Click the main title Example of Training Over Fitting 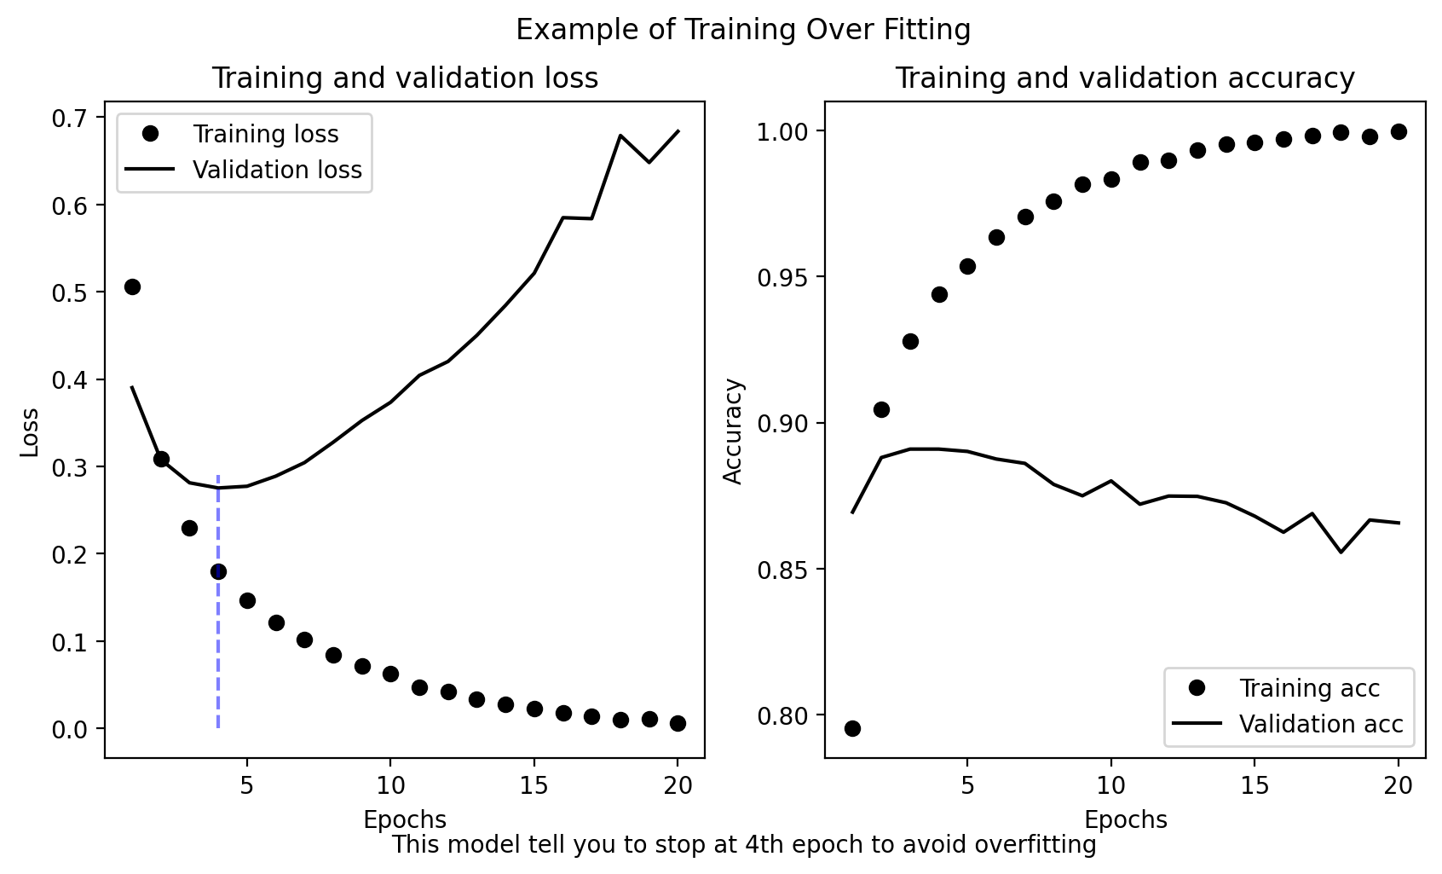pos(743,30)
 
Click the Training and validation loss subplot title pos(405,78)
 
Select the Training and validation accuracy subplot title pos(1124,78)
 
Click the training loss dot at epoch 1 pos(132,287)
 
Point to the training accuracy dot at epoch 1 pos(852,728)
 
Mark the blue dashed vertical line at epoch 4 pos(218,648)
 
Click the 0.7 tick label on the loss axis pos(73,118)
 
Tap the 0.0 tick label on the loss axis pos(73,729)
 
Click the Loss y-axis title pos(30,431)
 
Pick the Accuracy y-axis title pos(733,431)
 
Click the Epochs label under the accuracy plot pos(1125,820)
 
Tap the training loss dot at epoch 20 pos(678,723)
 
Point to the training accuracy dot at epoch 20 pos(1399,131)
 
